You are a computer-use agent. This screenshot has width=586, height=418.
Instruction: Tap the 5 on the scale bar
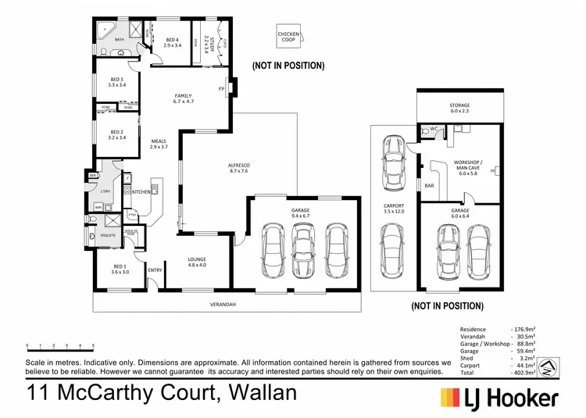[93, 345]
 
